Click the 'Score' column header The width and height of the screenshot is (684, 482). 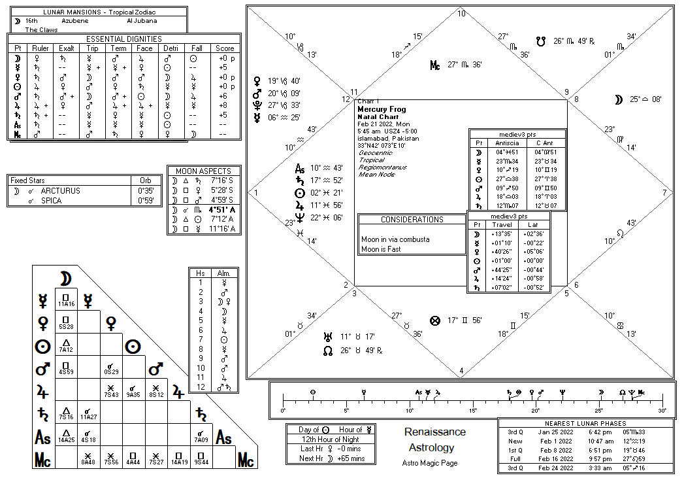225,48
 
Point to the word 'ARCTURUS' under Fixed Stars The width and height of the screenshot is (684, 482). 61,191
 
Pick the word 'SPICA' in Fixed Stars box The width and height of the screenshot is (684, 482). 52,201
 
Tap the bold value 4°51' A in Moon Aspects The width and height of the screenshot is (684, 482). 222,210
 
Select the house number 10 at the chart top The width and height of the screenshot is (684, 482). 461,14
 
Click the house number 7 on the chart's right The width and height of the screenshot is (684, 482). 664,192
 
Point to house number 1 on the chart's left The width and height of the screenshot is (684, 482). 256,192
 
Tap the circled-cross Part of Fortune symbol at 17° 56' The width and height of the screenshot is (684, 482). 435,320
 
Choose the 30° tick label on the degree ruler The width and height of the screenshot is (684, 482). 662,411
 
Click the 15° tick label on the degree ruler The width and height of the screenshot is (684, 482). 472,411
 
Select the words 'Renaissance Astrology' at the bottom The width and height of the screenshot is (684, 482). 434,440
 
